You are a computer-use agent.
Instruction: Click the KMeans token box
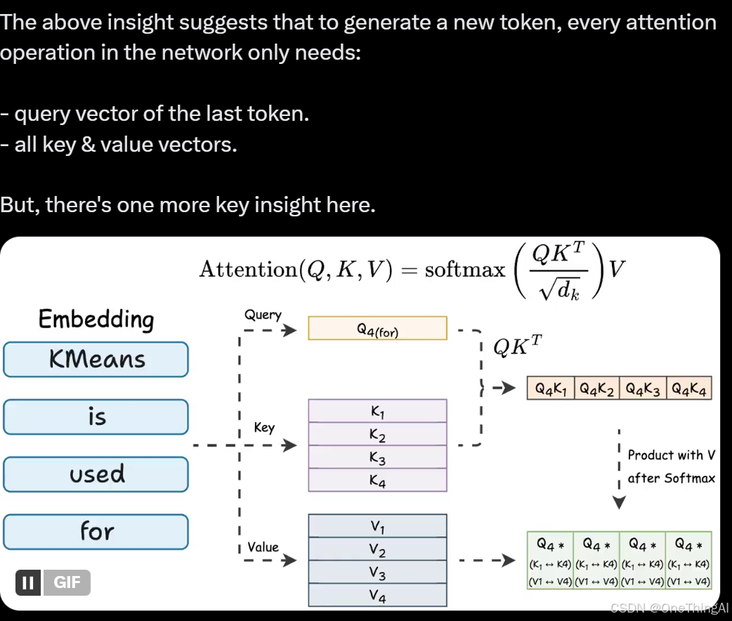tap(96, 359)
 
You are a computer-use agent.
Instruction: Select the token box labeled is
tap(96, 417)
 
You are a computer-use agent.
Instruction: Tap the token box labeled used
tap(96, 474)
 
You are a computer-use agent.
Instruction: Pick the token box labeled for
tap(96, 532)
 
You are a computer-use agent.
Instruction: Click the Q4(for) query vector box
tap(377, 328)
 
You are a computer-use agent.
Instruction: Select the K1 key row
tap(377, 411)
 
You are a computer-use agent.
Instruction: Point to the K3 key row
tap(377, 457)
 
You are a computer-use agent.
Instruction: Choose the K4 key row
tap(377, 481)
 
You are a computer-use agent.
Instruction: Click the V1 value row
tap(377, 525)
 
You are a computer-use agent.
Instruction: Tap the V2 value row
tap(377, 549)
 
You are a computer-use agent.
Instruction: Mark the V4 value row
tap(377, 595)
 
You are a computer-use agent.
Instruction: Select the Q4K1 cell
tap(551, 388)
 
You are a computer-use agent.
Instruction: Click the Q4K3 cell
tap(642, 388)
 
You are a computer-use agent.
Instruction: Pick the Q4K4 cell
tap(688, 388)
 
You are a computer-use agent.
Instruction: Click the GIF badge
tap(67, 582)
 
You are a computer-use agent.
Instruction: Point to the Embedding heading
tap(96, 320)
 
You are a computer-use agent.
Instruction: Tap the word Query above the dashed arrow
tap(263, 315)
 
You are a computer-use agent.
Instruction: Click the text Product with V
tap(671, 455)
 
